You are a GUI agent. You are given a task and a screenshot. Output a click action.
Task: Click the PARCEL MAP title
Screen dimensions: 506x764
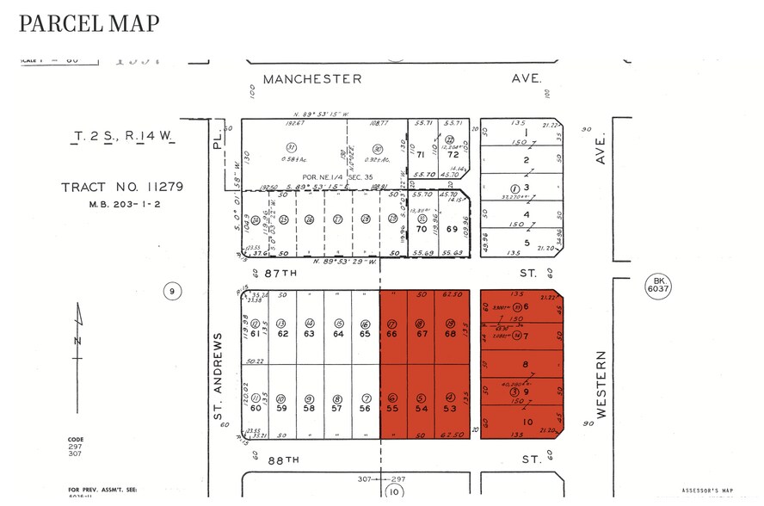89,23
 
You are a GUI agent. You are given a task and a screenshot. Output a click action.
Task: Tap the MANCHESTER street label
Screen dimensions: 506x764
312,78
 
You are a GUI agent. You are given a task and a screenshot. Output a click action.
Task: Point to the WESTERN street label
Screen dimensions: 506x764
601,384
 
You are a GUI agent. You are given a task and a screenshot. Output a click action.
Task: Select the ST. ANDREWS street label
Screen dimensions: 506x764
218,376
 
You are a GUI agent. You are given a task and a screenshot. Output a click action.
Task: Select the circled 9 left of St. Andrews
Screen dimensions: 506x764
173,292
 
